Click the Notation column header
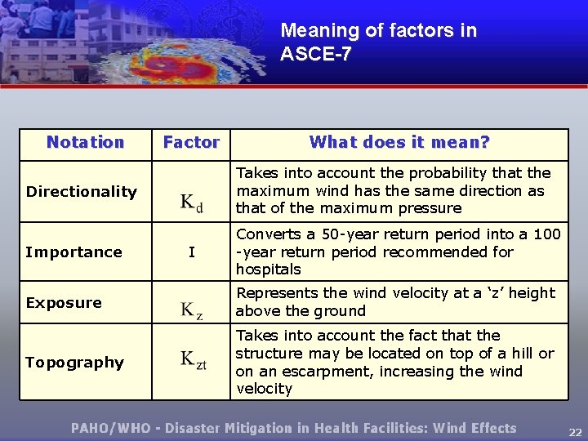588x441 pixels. (85, 142)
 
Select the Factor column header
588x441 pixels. (191, 142)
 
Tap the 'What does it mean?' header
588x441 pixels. (399, 142)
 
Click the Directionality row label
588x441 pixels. (81, 192)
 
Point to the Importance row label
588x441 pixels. (73, 252)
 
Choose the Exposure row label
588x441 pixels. (64, 303)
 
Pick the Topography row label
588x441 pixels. (74, 363)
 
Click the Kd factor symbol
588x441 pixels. (191, 203)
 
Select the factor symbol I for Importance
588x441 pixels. (191, 252)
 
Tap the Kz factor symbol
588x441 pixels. (191, 310)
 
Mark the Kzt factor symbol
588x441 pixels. (194, 361)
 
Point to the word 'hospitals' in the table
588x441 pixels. (268, 269)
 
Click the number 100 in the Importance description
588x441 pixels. (546, 234)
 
